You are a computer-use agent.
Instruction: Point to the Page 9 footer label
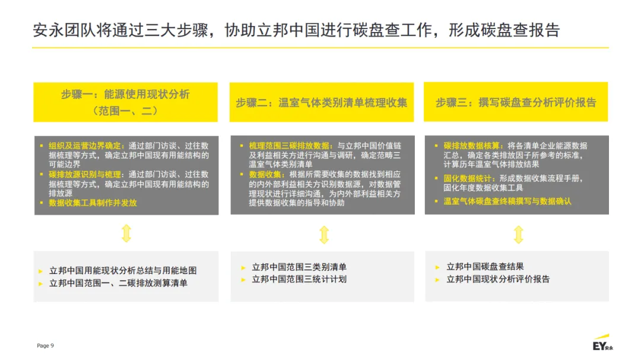[45, 345]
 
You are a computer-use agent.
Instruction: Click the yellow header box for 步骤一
[125, 102]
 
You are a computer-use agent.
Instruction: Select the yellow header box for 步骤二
[322, 102]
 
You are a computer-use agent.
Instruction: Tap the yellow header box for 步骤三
[516, 102]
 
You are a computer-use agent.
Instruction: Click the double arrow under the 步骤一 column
[126, 233]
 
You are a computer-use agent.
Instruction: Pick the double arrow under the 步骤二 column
[323, 235]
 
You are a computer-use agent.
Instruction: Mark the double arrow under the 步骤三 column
[518, 234]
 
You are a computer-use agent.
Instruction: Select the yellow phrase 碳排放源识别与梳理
[85, 174]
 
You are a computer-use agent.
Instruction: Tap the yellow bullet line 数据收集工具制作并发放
[93, 203]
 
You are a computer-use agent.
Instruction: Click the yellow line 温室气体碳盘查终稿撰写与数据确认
[507, 202]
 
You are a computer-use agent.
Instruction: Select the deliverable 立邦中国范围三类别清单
[299, 267]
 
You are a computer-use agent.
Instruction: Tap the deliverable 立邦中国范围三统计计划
[299, 279]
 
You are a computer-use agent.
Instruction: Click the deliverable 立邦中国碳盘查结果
[485, 267]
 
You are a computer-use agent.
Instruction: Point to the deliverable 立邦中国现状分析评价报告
[498, 279]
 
